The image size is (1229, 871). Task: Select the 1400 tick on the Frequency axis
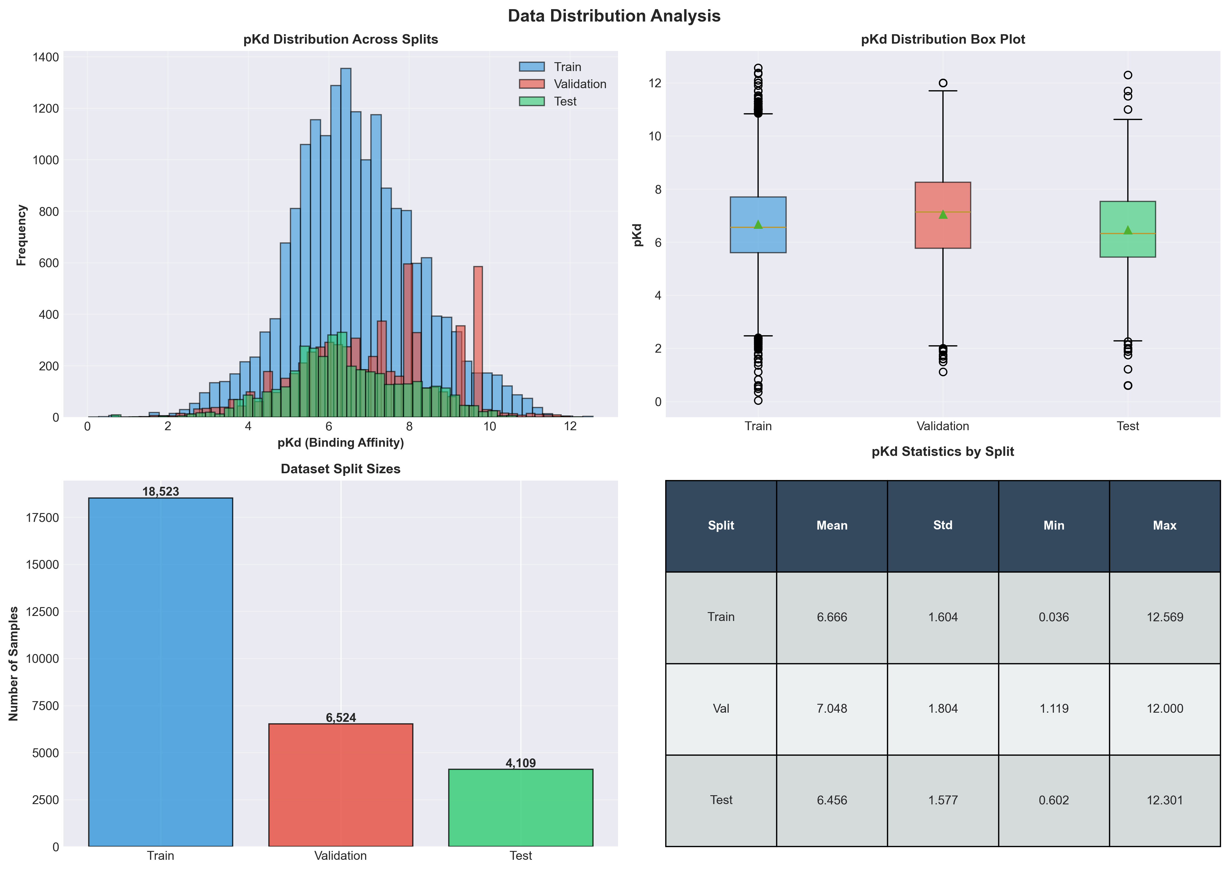tap(46, 57)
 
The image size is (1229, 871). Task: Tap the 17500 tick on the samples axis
tap(43, 517)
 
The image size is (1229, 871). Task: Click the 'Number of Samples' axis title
tap(14, 663)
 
